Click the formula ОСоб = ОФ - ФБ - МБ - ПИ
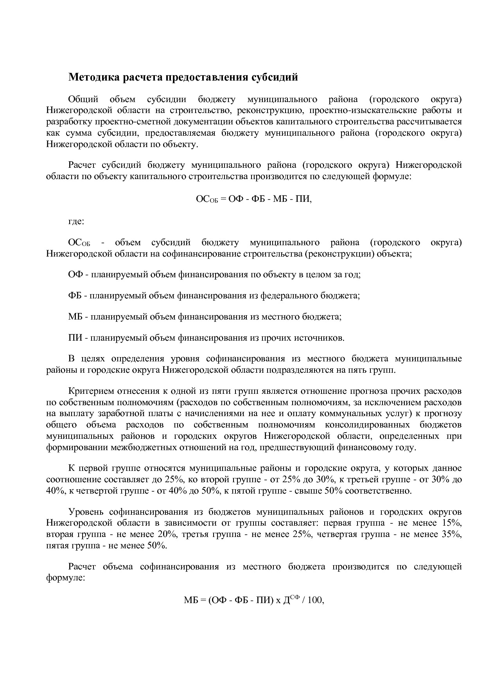pos(254,199)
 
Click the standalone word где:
pos(76,222)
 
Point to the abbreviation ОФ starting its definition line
pos(75,274)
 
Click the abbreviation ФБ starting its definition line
pos(75,295)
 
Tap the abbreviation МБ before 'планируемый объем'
pos(75,316)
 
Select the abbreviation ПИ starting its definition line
pos(75,338)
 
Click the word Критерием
pos(88,391)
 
